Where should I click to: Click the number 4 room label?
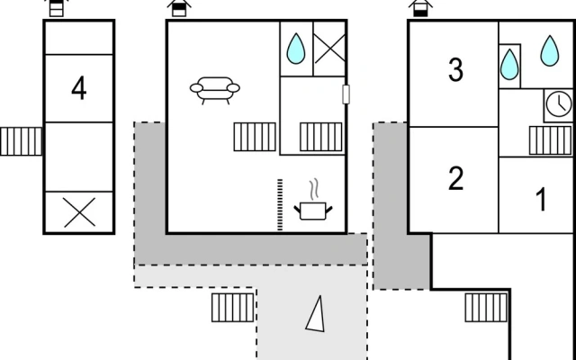[79, 88]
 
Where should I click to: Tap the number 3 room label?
[455, 70]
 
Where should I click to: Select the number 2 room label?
[456, 178]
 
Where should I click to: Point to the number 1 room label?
[541, 199]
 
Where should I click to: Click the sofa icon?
[215, 90]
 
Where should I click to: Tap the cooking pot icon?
[313, 211]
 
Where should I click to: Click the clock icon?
[559, 105]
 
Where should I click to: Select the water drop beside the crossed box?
[296, 49]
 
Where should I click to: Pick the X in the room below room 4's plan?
[79, 212]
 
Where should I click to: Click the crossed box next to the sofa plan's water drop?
[329, 49]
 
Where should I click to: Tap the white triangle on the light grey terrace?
[316, 314]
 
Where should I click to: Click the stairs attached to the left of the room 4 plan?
[21, 141]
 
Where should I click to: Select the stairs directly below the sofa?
[255, 137]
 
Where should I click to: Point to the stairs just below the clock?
[550, 140]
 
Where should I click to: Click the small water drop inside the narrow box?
[509, 65]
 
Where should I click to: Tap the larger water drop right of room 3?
[550, 50]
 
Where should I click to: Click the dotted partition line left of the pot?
[280, 204]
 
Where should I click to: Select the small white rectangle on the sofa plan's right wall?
[346, 94]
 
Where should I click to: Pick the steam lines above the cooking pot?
[314, 190]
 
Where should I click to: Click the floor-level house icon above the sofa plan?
[179, 8]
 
